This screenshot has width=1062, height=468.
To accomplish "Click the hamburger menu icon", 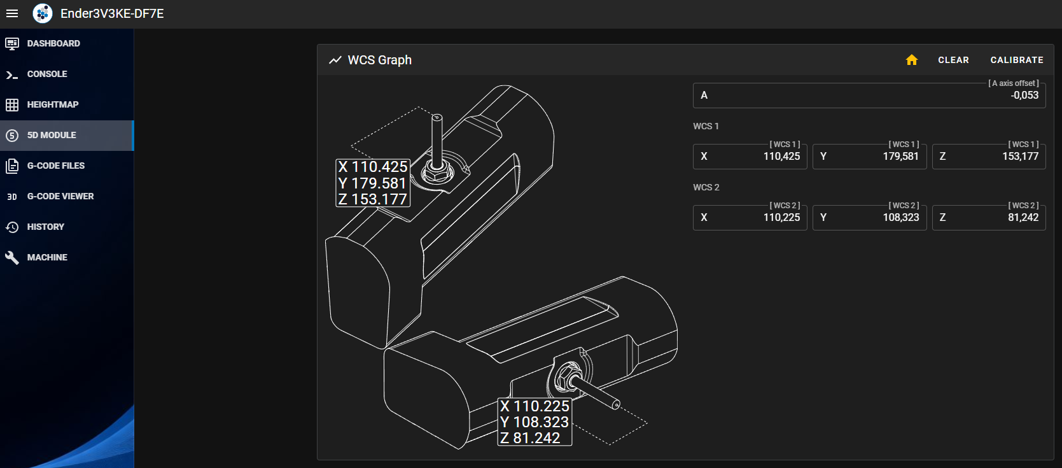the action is pyautogui.click(x=12, y=13).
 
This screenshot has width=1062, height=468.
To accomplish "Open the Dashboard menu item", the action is pyautogui.click(x=66, y=44).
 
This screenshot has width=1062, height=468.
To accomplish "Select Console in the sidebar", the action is pyautogui.click(x=66, y=74).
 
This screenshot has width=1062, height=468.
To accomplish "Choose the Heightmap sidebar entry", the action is pyautogui.click(x=66, y=104).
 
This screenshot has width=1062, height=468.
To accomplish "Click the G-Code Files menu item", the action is pyautogui.click(x=66, y=166).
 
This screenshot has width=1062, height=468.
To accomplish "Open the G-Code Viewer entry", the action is pyautogui.click(x=66, y=196).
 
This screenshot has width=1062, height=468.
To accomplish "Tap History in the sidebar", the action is pyautogui.click(x=66, y=227).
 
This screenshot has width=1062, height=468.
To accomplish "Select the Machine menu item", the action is pyautogui.click(x=66, y=257).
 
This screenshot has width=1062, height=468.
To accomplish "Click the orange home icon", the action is pyautogui.click(x=911, y=60).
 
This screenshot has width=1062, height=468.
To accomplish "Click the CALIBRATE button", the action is pyautogui.click(x=1016, y=60).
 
